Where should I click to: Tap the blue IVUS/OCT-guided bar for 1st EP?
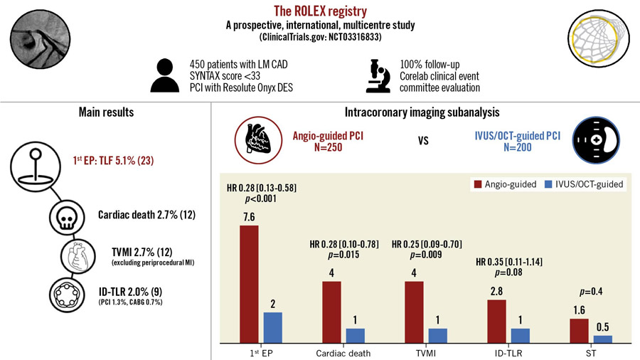tap(272, 327)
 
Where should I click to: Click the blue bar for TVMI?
tap(437, 335)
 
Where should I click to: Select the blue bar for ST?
tap(602, 339)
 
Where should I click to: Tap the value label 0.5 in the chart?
tap(603, 328)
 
